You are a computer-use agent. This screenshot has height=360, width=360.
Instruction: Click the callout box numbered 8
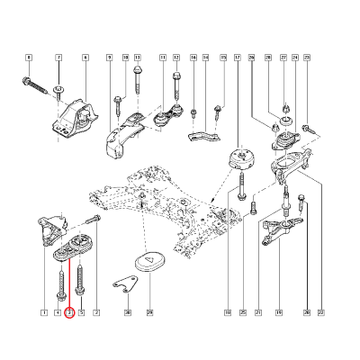28,58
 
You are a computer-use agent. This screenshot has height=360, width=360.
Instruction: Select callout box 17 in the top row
237,58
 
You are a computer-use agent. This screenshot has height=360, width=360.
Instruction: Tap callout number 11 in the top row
163,58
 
